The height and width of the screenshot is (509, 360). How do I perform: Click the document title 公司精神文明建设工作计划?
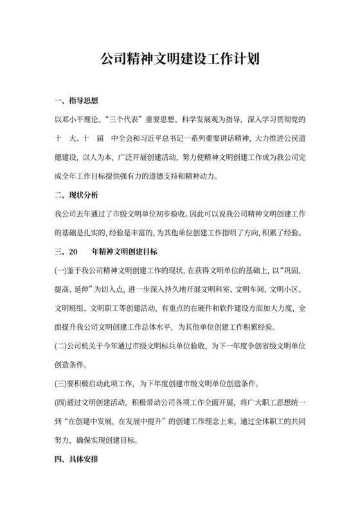180,60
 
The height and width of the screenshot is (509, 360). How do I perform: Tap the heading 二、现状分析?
76,195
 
